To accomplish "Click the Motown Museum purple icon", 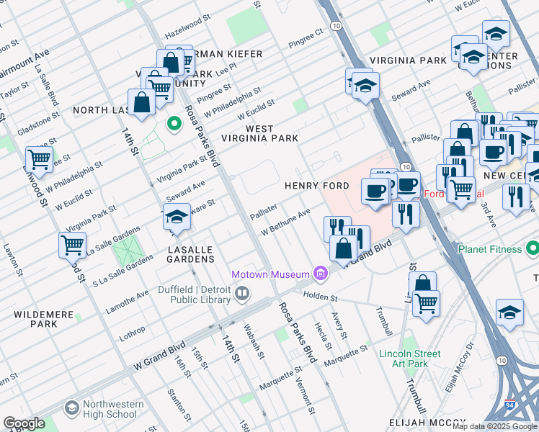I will tap(321, 274).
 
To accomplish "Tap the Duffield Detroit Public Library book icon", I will tap(242, 292).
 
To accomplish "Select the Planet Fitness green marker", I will tap(533, 249).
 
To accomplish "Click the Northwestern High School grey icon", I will tap(71, 408).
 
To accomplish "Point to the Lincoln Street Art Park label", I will tap(410, 359).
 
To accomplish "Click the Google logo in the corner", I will tap(24, 423).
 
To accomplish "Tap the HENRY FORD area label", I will tap(316, 186).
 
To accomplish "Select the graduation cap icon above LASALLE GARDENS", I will tap(177, 217).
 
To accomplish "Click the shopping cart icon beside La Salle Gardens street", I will tap(73, 246).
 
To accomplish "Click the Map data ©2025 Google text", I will tap(494, 426).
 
